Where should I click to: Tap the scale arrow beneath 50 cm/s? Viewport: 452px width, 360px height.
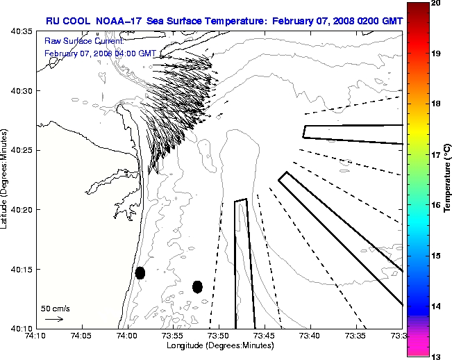click(x=53, y=319)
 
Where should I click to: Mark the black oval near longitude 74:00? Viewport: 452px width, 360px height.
click(x=140, y=272)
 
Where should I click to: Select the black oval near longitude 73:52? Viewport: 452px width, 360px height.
click(x=197, y=286)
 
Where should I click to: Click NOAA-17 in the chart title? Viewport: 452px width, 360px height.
click(x=117, y=21)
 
